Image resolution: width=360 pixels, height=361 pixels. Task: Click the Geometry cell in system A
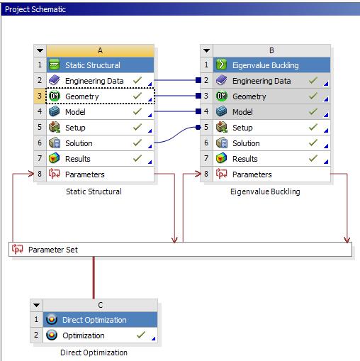tap(100, 96)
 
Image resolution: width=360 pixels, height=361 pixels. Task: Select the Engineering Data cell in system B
tap(271, 81)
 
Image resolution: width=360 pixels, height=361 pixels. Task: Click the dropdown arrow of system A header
tap(40, 50)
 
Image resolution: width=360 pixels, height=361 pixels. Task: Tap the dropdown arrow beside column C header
tap(36, 305)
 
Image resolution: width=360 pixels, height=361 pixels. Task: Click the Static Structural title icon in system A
tap(55, 65)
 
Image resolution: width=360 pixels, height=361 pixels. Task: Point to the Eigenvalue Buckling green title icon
tap(222, 65)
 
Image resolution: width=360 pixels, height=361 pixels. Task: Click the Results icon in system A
tap(55, 158)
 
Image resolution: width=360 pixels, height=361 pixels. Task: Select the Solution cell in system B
tap(271, 143)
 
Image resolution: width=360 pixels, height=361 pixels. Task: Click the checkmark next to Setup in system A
tap(137, 127)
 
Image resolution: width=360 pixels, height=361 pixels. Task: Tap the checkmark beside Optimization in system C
tap(141, 335)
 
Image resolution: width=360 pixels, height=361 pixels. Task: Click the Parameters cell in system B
tap(271, 174)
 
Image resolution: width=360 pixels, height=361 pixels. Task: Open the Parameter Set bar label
tap(53, 250)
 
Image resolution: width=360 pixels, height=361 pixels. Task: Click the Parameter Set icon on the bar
tap(18, 249)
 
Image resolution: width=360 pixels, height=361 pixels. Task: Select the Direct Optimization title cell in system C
tap(100, 320)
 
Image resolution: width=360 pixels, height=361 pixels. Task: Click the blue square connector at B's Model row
tap(198, 111)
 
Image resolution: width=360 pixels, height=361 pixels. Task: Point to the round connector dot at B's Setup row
tap(198, 128)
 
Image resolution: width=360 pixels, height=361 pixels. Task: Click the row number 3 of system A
tap(40, 96)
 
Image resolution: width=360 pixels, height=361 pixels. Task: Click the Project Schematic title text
tap(35, 9)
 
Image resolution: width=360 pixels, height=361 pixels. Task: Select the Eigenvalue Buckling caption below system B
tap(265, 191)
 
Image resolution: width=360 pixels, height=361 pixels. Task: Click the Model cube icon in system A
tap(55, 111)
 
